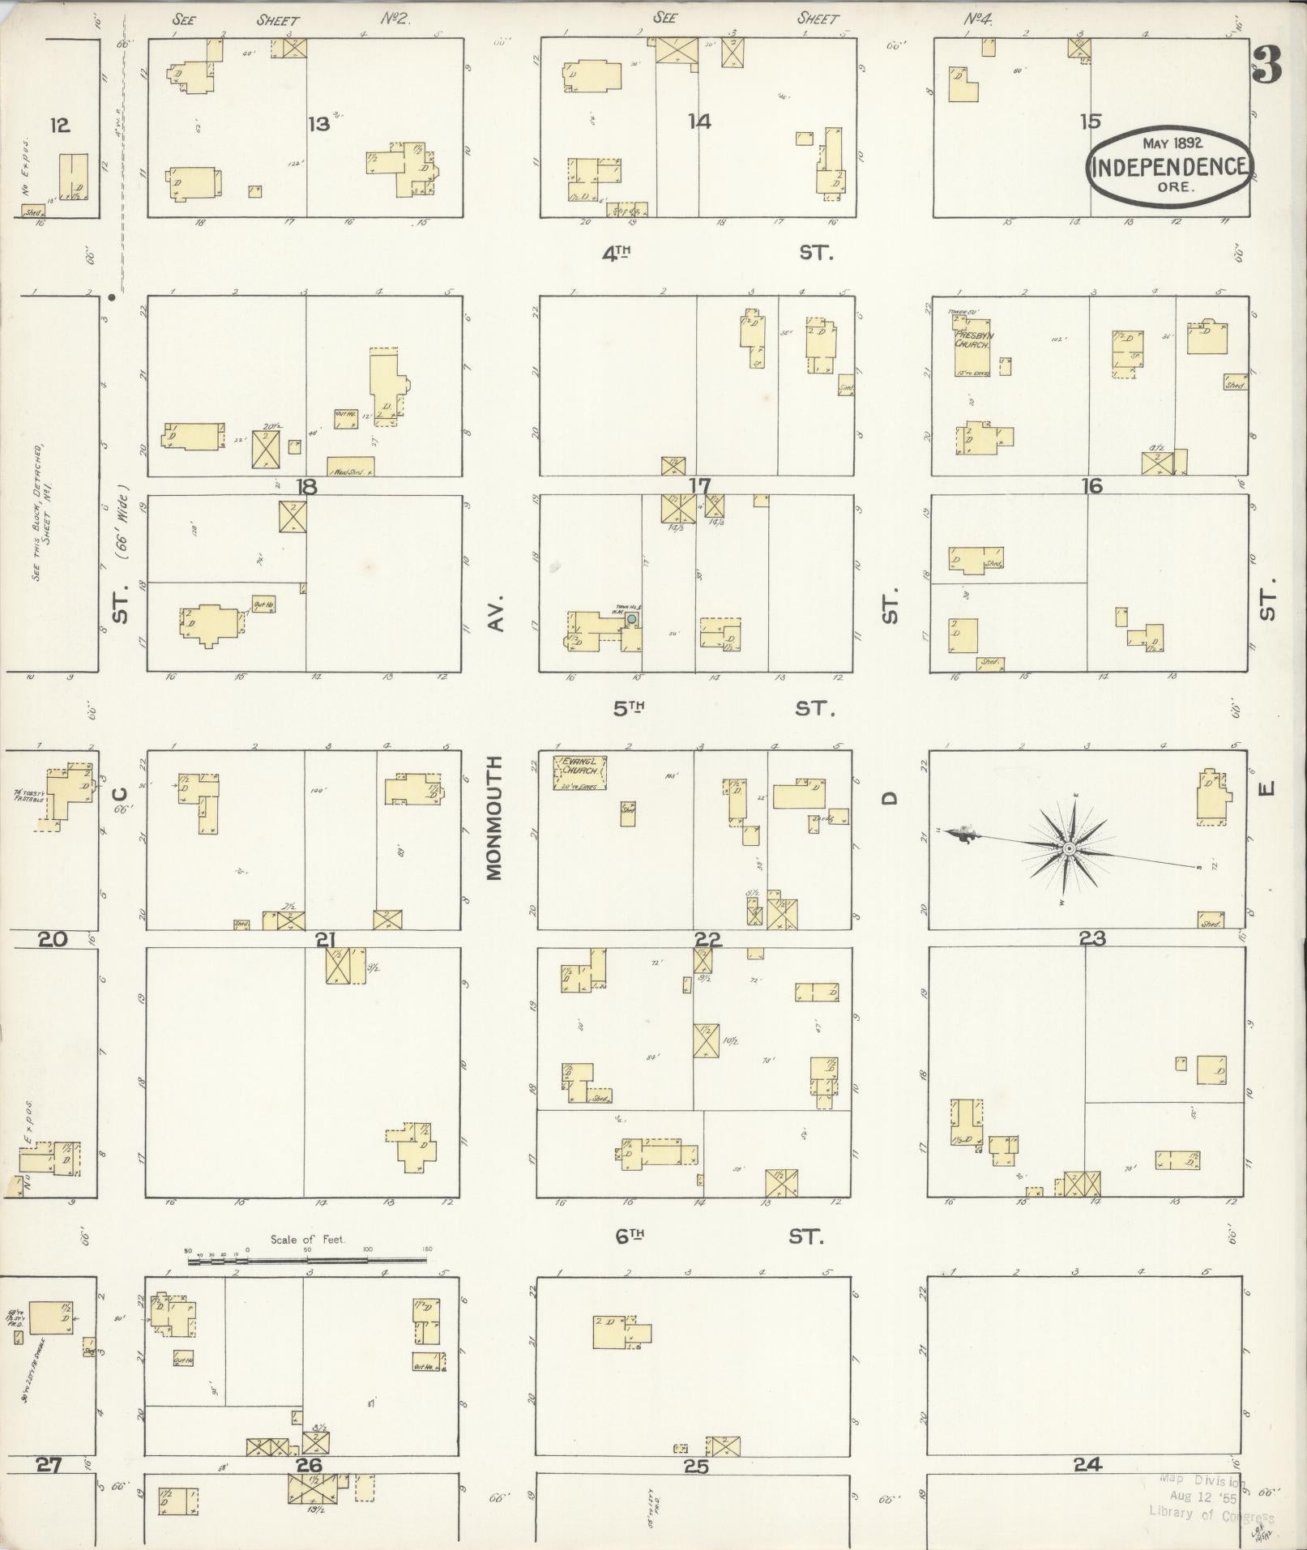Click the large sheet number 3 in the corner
point(1266,66)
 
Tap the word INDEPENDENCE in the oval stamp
point(1171,168)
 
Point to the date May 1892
point(1172,143)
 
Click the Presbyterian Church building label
point(972,339)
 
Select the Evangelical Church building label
point(579,766)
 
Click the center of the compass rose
point(1069,848)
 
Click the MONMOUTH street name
point(495,818)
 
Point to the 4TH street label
point(617,253)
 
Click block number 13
point(319,124)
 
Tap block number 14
point(699,122)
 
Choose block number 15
point(1091,122)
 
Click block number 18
point(306,486)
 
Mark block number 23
point(1091,939)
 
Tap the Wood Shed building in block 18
point(350,468)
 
